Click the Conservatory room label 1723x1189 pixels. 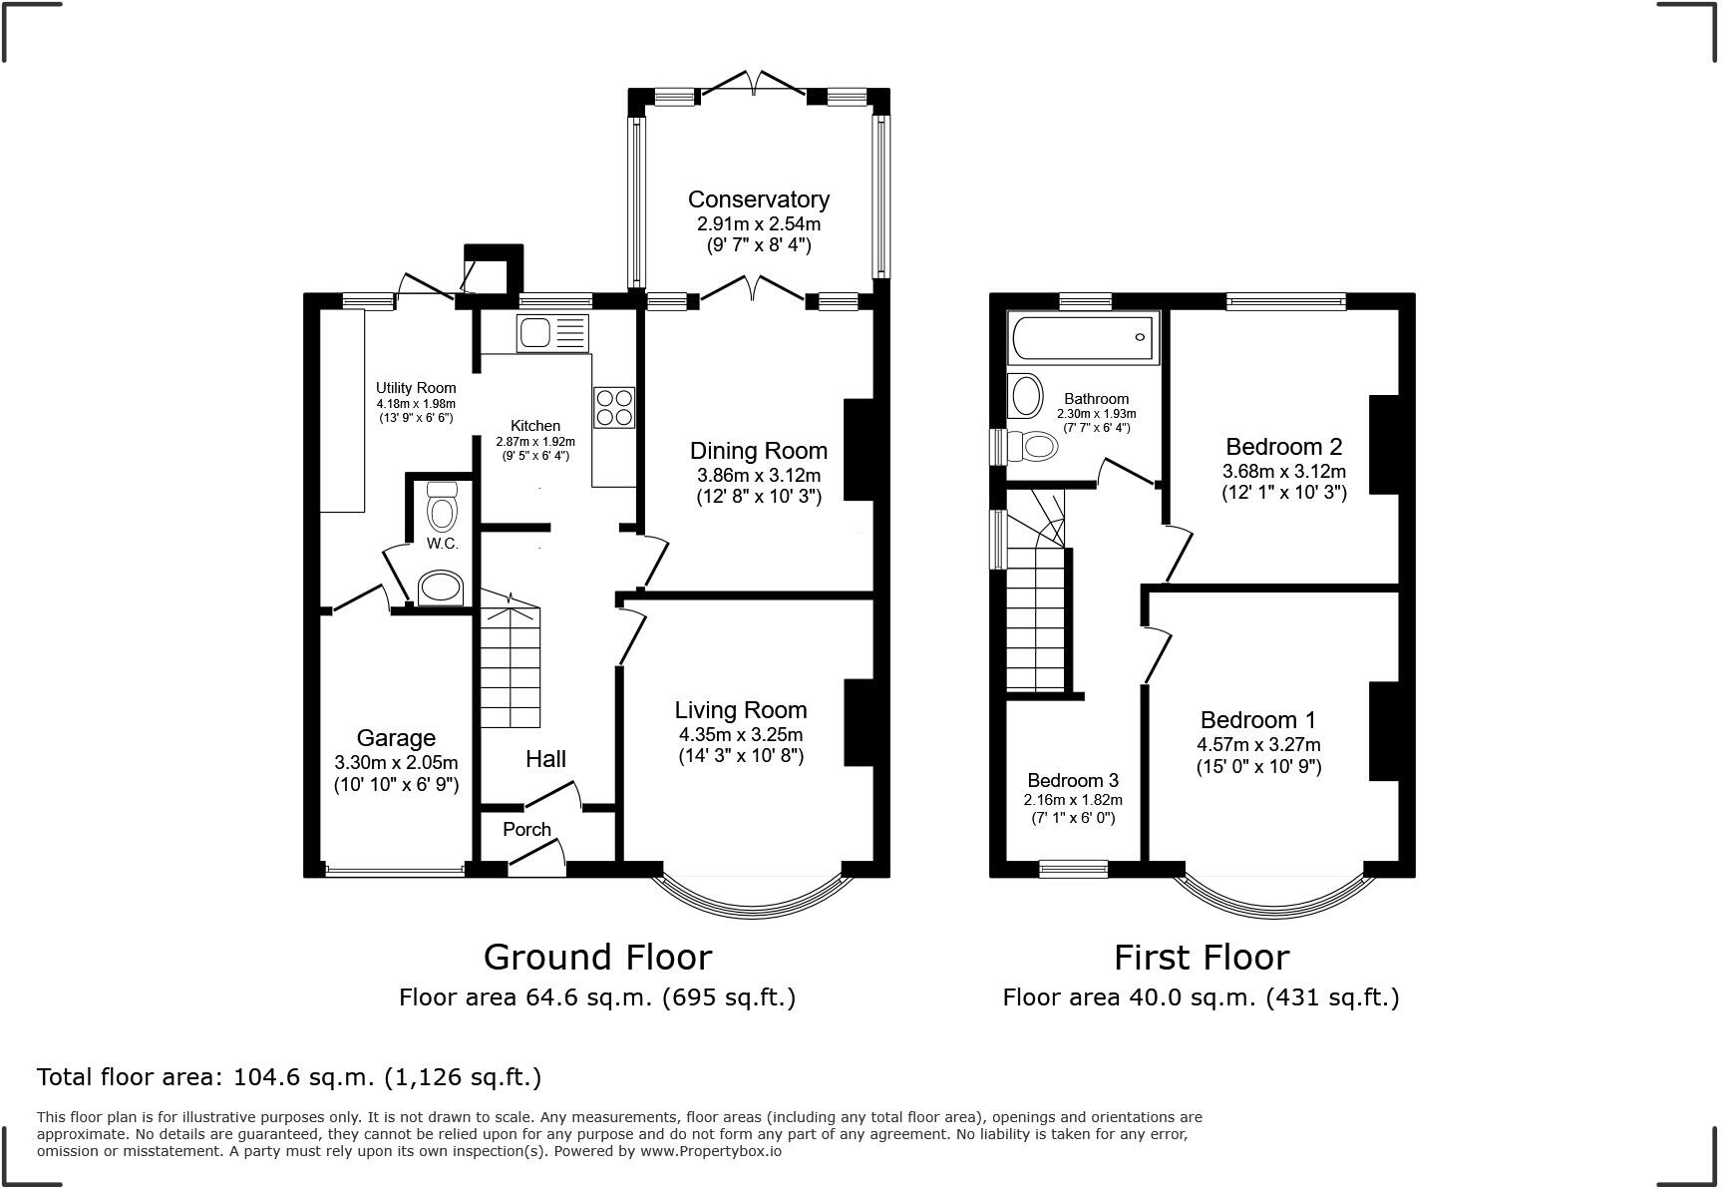[x=758, y=199]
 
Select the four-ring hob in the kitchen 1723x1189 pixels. [x=613, y=407]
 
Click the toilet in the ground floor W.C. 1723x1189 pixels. [x=441, y=510]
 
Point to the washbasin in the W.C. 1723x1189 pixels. [x=441, y=588]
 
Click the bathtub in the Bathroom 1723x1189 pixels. [x=1084, y=338]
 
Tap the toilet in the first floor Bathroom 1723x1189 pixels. [x=1033, y=446]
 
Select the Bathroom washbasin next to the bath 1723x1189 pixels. [x=1025, y=396]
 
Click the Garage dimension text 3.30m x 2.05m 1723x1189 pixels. [x=396, y=762]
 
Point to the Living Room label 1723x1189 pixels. [x=740, y=710]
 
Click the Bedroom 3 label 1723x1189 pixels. [x=1073, y=780]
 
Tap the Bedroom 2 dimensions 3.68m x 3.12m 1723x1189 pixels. [x=1284, y=471]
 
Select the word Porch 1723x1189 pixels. [x=526, y=829]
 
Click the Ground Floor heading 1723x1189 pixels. [x=597, y=958]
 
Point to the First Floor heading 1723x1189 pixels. [x=1201, y=958]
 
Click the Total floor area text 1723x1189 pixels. [x=289, y=1077]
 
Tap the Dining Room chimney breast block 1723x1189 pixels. [x=859, y=449]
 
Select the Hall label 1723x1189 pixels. [x=545, y=759]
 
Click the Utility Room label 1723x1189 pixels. [x=416, y=388]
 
